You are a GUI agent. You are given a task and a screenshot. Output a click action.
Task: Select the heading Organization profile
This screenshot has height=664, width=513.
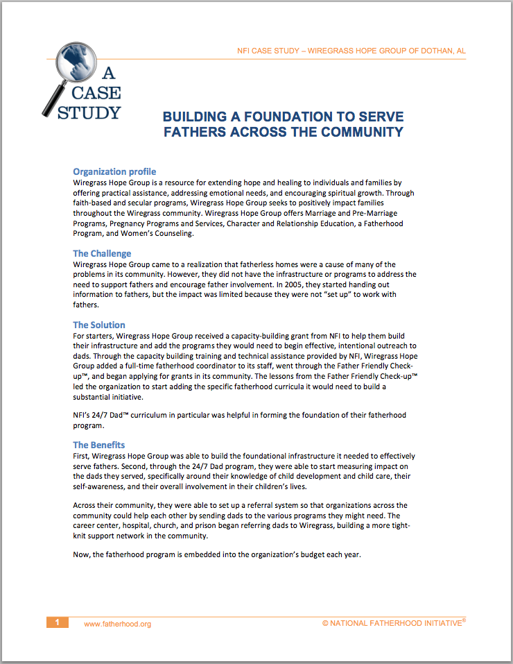click(114, 171)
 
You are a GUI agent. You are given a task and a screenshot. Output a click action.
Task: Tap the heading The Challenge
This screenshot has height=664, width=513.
click(102, 253)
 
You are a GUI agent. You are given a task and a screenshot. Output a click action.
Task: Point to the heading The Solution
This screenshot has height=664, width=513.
click(99, 325)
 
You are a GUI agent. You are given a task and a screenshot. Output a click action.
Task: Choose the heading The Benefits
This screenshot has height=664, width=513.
click(99, 445)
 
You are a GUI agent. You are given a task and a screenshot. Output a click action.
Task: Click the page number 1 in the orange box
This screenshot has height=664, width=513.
click(58, 622)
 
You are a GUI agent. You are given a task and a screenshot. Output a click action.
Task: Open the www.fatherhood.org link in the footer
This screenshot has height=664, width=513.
click(117, 624)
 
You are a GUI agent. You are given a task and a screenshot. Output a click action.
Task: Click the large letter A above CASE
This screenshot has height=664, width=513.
click(109, 72)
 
